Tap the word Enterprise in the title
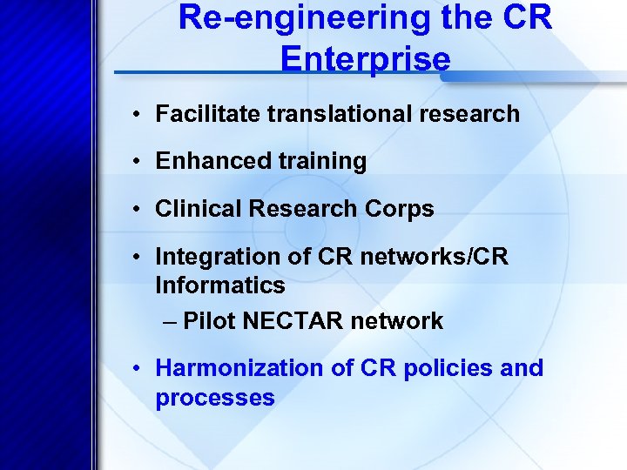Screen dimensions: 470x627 click(366, 58)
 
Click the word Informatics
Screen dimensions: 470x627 click(219, 285)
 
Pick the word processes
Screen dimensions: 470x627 click(214, 398)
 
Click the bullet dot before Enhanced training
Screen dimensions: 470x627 click(138, 162)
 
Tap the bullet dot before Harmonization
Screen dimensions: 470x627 click(138, 369)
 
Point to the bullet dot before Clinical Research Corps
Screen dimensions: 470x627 click(138, 210)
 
